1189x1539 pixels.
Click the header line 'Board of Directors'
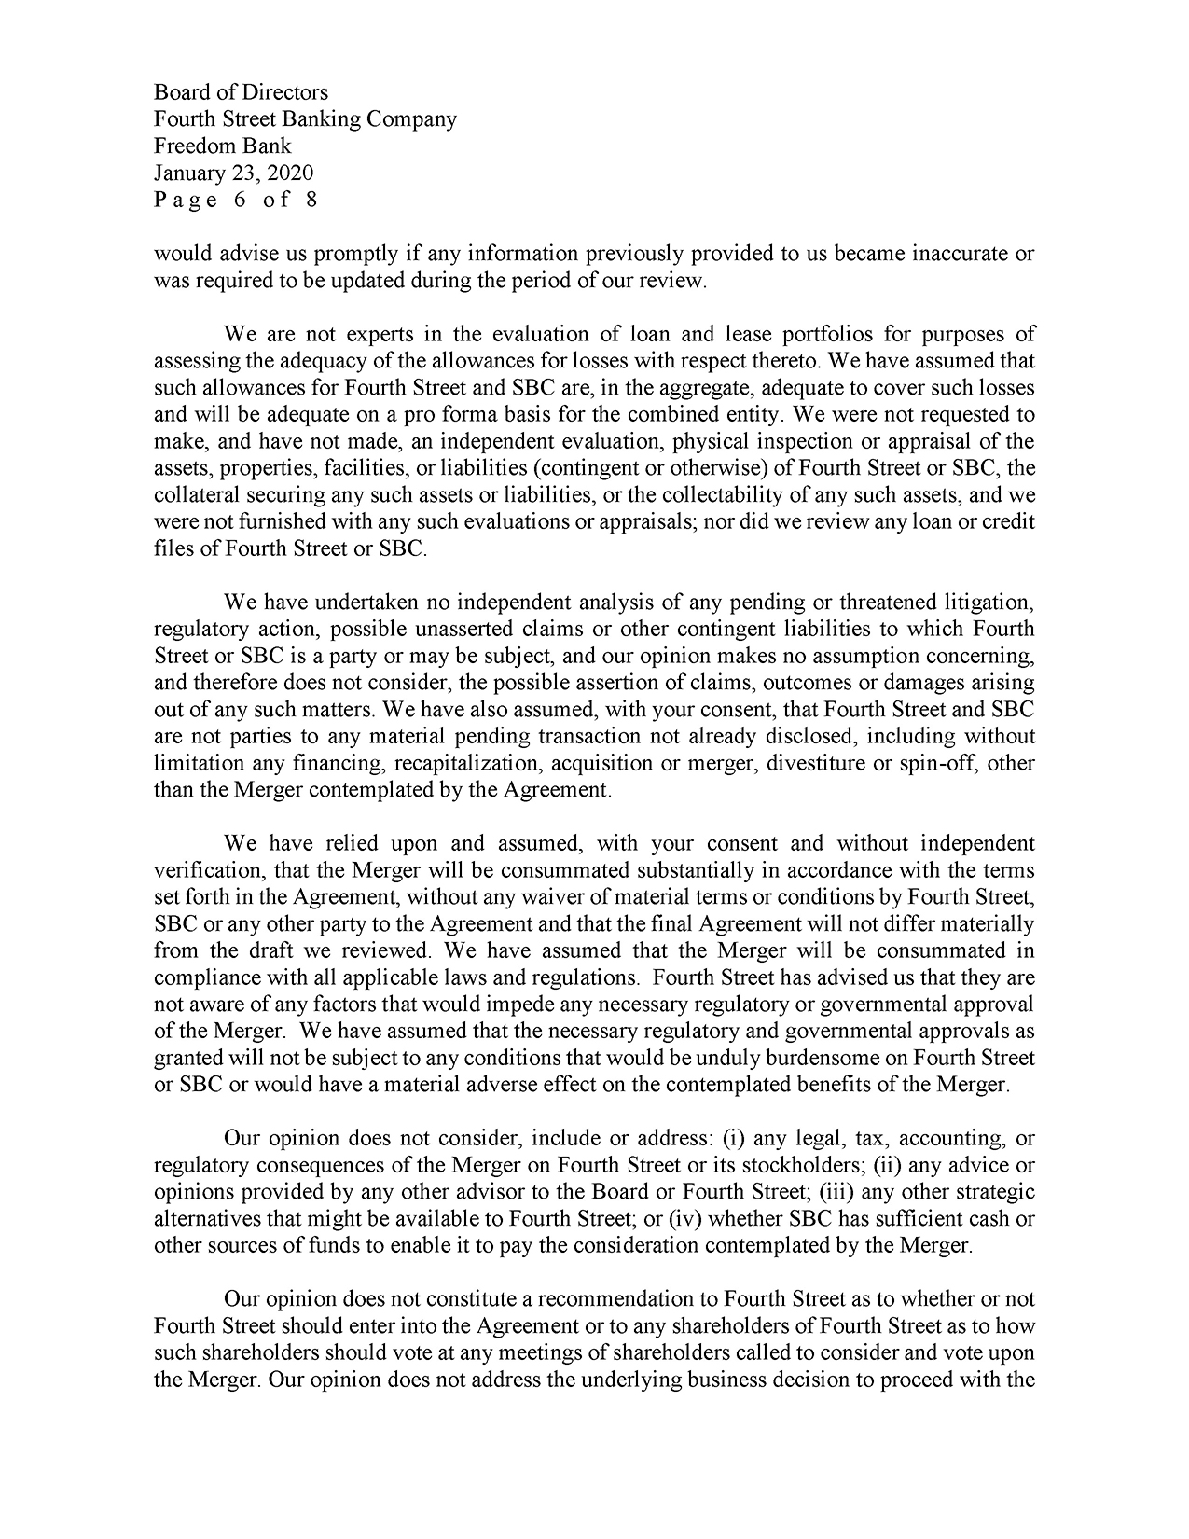(241, 92)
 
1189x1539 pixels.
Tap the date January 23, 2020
(233, 173)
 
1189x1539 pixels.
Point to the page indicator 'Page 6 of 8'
(235, 201)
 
